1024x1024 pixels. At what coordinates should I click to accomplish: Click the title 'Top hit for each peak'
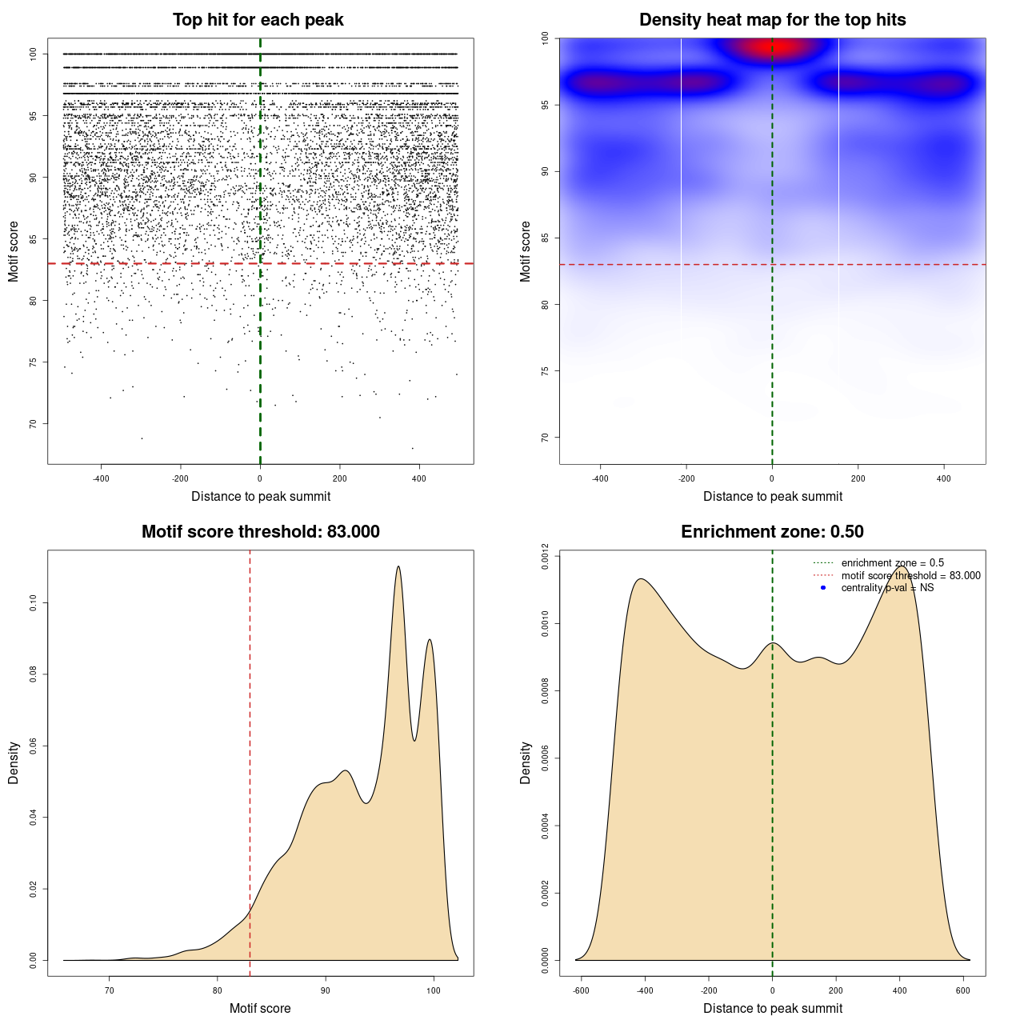(258, 20)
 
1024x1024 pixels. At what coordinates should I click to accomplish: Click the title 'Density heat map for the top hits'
(772, 20)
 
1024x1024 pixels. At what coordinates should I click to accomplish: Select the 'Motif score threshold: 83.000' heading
(260, 532)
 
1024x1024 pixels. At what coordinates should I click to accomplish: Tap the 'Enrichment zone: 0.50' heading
(772, 532)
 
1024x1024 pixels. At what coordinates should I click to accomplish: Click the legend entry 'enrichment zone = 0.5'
(892, 563)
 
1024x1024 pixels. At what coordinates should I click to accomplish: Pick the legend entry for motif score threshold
(910, 575)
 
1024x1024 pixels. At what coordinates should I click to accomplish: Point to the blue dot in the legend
(823, 588)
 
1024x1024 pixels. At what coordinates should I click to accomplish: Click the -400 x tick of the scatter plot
(101, 478)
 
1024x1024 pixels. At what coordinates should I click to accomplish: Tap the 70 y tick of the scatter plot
(34, 423)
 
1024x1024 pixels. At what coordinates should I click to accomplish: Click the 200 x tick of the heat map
(858, 478)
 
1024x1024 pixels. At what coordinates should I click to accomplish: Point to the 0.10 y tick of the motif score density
(34, 603)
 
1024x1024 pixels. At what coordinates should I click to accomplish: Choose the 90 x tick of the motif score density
(325, 990)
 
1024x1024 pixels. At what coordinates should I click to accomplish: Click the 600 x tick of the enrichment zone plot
(963, 990)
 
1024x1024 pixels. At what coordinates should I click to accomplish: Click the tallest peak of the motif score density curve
(398, 567)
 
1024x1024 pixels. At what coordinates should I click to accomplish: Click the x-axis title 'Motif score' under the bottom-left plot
(260, 1008)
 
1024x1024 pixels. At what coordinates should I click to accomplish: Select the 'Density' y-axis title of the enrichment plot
(526, 762)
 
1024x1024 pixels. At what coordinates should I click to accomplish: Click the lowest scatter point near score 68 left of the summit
(142, 438)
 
